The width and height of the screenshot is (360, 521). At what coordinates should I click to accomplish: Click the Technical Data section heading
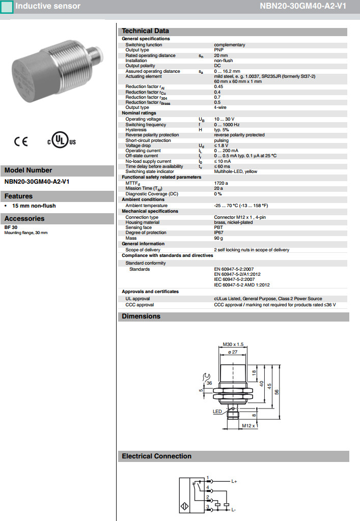click(x=145, y=31)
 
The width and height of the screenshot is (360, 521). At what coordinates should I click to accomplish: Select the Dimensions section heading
click(x=141, y=316)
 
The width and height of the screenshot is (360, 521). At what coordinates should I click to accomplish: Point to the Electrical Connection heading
click(x=156, y=456)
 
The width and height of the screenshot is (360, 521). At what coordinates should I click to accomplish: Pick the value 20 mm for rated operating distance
click(x=220, y=55)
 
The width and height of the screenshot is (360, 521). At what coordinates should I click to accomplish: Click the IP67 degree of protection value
click(x=219, y=233)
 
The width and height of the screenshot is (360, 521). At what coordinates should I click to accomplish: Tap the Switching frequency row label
click(x=146, y=125)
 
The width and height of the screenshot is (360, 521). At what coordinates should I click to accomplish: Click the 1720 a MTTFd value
click(x=221, y=183)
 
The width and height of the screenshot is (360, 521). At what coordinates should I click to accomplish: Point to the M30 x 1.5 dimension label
click(x=234, y=344)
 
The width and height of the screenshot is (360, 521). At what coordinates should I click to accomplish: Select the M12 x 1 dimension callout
click(x=250, y=425)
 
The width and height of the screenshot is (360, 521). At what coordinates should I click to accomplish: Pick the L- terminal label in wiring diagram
click(x=234, y=509)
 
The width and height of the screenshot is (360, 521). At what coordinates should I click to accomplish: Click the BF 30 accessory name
click(x=11, y=227)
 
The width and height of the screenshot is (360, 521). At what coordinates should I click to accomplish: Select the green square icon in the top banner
click(x=7, y=7)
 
